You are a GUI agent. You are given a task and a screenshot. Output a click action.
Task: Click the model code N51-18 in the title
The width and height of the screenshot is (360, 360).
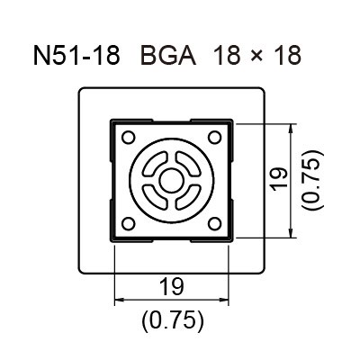(x=76, y=55)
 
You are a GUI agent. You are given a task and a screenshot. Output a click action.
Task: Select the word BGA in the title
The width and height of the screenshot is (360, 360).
(x=168, y=55)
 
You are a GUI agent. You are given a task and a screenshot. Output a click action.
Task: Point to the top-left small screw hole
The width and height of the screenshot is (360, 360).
(x=129, y=138)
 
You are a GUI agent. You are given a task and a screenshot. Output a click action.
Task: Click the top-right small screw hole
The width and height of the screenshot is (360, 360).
(x=214, y=138)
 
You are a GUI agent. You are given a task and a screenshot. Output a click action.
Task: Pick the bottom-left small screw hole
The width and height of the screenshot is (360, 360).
(x=129, y=224)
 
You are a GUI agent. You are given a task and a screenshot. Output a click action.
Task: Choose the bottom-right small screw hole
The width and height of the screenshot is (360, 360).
(x=214, y=224)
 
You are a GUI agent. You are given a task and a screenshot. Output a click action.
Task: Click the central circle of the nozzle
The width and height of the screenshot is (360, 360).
(x=172, y=181)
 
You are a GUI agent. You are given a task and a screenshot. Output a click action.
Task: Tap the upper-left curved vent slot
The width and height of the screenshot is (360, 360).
(x=155, y=164)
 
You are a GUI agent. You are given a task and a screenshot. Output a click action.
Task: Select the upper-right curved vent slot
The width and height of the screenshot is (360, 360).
(x=188, y=164)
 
